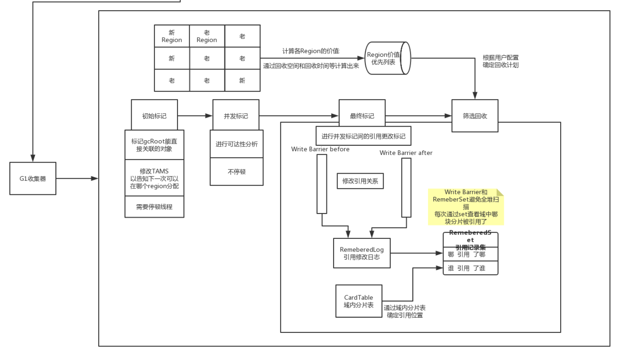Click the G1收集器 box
(33, 178)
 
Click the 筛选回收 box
(475, 116)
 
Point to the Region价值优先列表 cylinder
(388, 58)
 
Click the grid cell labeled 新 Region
(172, 36)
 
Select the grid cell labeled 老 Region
(207, 36)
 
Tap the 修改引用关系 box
(360, 181)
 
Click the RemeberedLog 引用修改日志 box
(362, 253)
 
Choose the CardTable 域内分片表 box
(359, 301)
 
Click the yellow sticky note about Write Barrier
(466, 207)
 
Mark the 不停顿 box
(237, 172)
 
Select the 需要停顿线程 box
(154, 207)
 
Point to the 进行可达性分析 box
(237, 144)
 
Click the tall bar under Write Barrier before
(322, 184)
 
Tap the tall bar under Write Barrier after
(406, 188)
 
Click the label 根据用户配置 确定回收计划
(500, 61)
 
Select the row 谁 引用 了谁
(470, 268)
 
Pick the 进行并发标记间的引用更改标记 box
(363, 136)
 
